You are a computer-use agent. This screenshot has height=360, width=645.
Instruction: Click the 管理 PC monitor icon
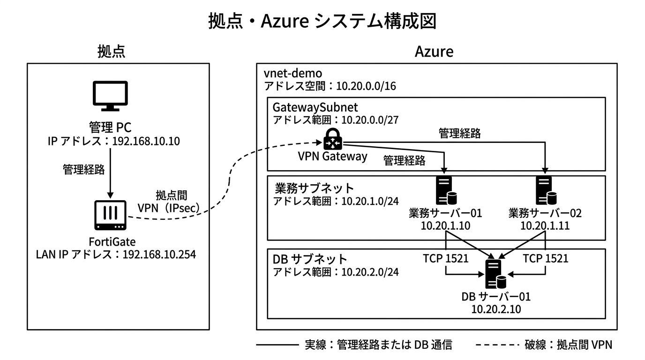[110, 96]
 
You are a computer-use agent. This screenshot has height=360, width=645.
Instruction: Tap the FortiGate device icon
[110, 215]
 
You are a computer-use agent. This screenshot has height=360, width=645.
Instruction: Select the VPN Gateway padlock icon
[333, 139]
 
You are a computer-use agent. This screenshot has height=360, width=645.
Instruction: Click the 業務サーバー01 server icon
[446, 190]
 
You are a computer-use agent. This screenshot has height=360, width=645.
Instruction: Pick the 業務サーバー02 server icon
[546, 190]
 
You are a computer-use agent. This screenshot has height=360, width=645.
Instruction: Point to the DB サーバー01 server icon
[495, 274]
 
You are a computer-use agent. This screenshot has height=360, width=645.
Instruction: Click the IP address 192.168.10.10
[146, 141]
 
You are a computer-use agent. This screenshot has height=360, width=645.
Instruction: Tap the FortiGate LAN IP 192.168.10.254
[159, 255]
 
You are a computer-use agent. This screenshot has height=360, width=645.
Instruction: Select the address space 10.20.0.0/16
[366, 86]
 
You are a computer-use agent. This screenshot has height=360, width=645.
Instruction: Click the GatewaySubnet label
[315, 107]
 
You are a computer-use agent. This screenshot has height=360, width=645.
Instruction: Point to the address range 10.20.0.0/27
[370, 120]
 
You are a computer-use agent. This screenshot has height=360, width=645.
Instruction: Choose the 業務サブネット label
[314, 188]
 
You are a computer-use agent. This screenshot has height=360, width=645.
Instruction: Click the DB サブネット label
[310, 259]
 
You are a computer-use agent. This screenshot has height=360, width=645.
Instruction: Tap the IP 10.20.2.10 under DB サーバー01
[496, 309]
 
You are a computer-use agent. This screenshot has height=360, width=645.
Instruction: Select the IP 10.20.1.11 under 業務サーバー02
[545, 225]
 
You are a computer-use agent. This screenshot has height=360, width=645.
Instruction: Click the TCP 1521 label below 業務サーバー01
[446, 258]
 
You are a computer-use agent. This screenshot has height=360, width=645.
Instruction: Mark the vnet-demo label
[293, 74]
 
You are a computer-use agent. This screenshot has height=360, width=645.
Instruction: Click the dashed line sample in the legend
[497, 345]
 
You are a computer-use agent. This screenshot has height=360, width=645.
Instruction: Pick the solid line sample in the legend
[277, 345]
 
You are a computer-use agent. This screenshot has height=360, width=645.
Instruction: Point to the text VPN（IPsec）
[169, 208]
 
